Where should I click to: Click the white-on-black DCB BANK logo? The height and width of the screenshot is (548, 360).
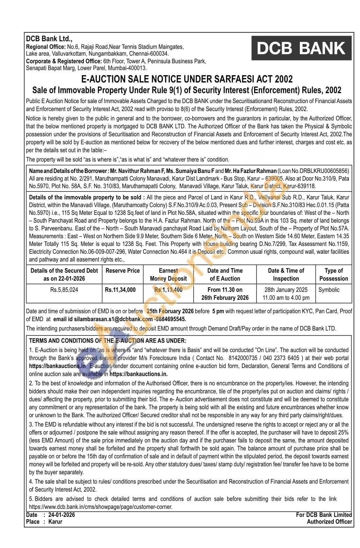click(301, 48)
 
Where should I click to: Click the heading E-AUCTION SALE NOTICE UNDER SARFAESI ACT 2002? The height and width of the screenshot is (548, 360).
click(187, 79)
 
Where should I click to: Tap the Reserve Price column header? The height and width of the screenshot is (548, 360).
click(122, 271)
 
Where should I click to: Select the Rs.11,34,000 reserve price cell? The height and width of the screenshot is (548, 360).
click(120, 290)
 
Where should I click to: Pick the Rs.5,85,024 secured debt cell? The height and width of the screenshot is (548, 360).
click(64, 290)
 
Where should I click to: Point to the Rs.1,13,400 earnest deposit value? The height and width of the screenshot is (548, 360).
click(168, 290)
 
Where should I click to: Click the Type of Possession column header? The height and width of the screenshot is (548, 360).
click(333, 274)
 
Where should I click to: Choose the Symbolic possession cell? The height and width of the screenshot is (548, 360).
click(329, 290)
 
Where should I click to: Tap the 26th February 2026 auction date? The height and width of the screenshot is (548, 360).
click(225, 298)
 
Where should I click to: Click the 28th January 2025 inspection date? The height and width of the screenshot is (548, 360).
click(286, 290)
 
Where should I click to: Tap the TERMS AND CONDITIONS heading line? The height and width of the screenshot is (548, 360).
click(108, 341)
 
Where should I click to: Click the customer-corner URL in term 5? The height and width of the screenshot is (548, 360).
click(101, 507)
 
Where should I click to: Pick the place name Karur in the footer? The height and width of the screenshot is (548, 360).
click(55, 522)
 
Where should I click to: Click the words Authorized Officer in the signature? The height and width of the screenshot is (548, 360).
click(329, 522)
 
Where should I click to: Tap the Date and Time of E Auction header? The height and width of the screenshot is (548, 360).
click(225, 274)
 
